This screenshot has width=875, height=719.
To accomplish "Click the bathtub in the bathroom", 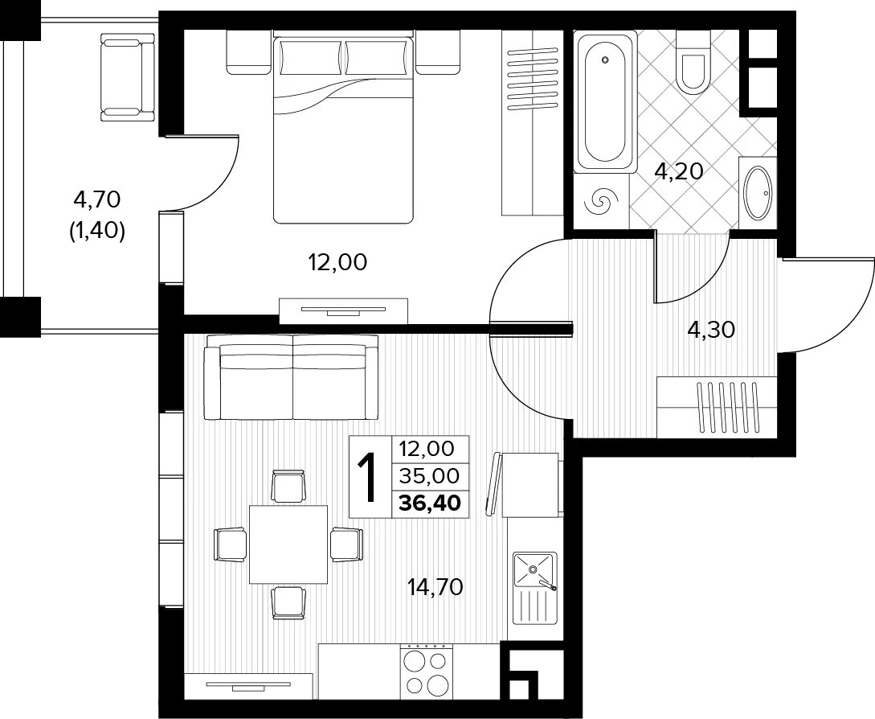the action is point(606,101).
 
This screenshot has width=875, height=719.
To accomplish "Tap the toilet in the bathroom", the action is point(693,61).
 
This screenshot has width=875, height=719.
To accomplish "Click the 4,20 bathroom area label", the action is point(679,171).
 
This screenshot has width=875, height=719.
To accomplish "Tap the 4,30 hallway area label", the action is point(711,331).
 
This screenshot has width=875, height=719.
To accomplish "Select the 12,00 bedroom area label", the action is point(338,261).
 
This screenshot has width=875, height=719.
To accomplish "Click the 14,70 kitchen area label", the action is point(435,587).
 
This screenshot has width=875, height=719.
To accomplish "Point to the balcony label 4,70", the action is point(97,199).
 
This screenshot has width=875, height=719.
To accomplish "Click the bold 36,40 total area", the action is point(430,503).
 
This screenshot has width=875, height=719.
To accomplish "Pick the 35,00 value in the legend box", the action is point(430,475).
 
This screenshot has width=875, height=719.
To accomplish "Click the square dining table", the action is point(288,544).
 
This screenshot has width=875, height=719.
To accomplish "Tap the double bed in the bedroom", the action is point(343,129).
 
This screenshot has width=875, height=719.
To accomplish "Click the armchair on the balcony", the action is point(127,76).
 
